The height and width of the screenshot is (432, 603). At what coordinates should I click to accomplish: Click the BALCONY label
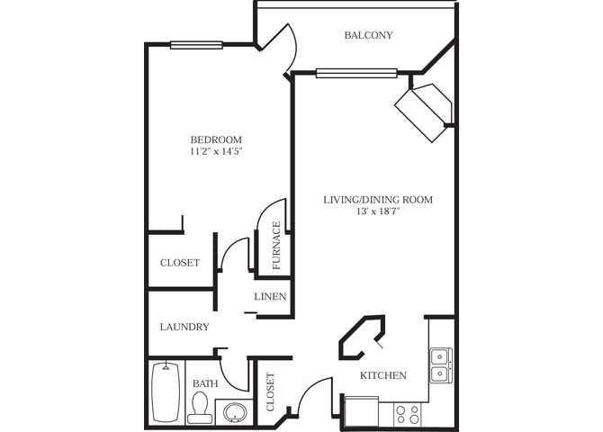pyautogui.click(x=368, y=36)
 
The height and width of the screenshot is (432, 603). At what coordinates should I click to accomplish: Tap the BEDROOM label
pyautogui.click(x=216, y=139)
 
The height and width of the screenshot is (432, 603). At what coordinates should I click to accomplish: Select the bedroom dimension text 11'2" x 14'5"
pyautogui.click(x=216, y=152)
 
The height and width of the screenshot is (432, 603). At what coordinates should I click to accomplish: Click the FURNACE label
pyautogui.click(x=276, y=246)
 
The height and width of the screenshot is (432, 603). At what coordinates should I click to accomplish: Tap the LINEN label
pyautogui.click(x=270, y=296)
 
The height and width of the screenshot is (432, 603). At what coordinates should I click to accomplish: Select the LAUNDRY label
pyautogui.click(x=184, y=327)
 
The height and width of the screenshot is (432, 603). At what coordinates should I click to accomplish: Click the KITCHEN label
pyautogui.click(x=383, y=375)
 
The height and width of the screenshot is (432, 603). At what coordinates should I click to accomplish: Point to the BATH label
pyautogui.click(x=205, y=384)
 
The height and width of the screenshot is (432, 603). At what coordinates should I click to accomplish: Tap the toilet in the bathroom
pyautogui.click(x=200, y=409)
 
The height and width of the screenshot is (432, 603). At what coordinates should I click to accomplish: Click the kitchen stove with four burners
pyautogui.click(x=408, y=414)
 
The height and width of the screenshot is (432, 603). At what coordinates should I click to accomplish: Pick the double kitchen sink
pyautogui.click(x=440, y=364)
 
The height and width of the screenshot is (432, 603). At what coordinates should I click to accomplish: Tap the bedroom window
pyautogui.click(x=197, y=44)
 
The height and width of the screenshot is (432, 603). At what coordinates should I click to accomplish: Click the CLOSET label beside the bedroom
pyautogui.click(x=179, y=263)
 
